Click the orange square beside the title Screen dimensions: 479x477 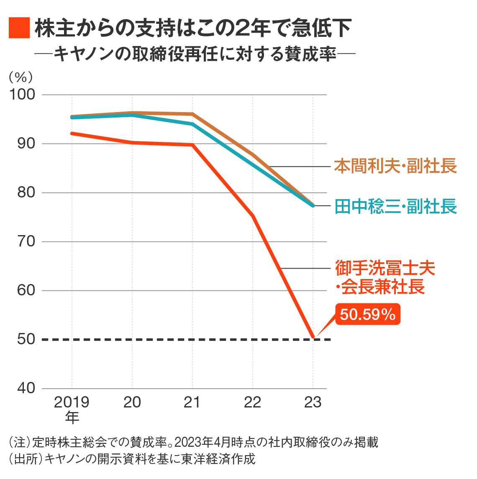(x=19, y=28)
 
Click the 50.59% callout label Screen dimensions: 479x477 (x=367, y=314)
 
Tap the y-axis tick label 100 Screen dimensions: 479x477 (x=22, y=95)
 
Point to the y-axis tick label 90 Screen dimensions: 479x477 (x=26, y=143)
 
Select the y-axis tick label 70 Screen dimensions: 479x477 (x=26, y=241)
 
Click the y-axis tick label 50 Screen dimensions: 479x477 (x=26, y=339)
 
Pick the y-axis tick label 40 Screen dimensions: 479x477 (x=26, y=388)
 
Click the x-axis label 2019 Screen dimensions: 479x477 (x=72, y=402)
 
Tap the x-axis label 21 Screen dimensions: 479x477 (x=192, y=402)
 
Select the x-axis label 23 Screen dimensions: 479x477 (x=313, y=402)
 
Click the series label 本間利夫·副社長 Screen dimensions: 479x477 (x=395, y=166)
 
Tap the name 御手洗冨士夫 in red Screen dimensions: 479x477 (x=385, y=268)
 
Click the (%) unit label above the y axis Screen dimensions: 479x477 (x=21, y=77)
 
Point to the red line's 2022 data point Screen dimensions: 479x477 (x=253, y=216)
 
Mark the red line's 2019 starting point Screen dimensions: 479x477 (x=72, y=133)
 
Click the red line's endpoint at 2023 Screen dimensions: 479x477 (x=313, y=336)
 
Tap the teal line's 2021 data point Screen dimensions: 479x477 (x=192, y=124)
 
